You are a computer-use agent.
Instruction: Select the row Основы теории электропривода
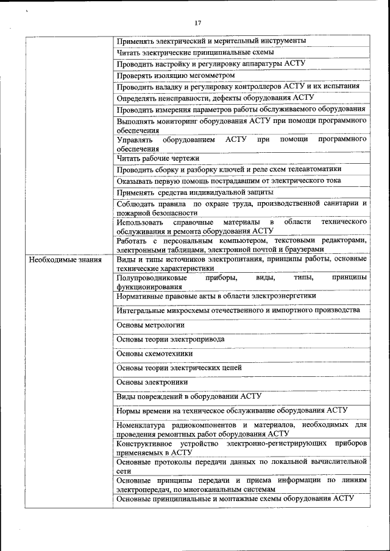tap(170, 339)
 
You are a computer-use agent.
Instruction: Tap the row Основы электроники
tap(152, 382)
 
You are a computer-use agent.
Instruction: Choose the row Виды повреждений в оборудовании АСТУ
tap(188, 396)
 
